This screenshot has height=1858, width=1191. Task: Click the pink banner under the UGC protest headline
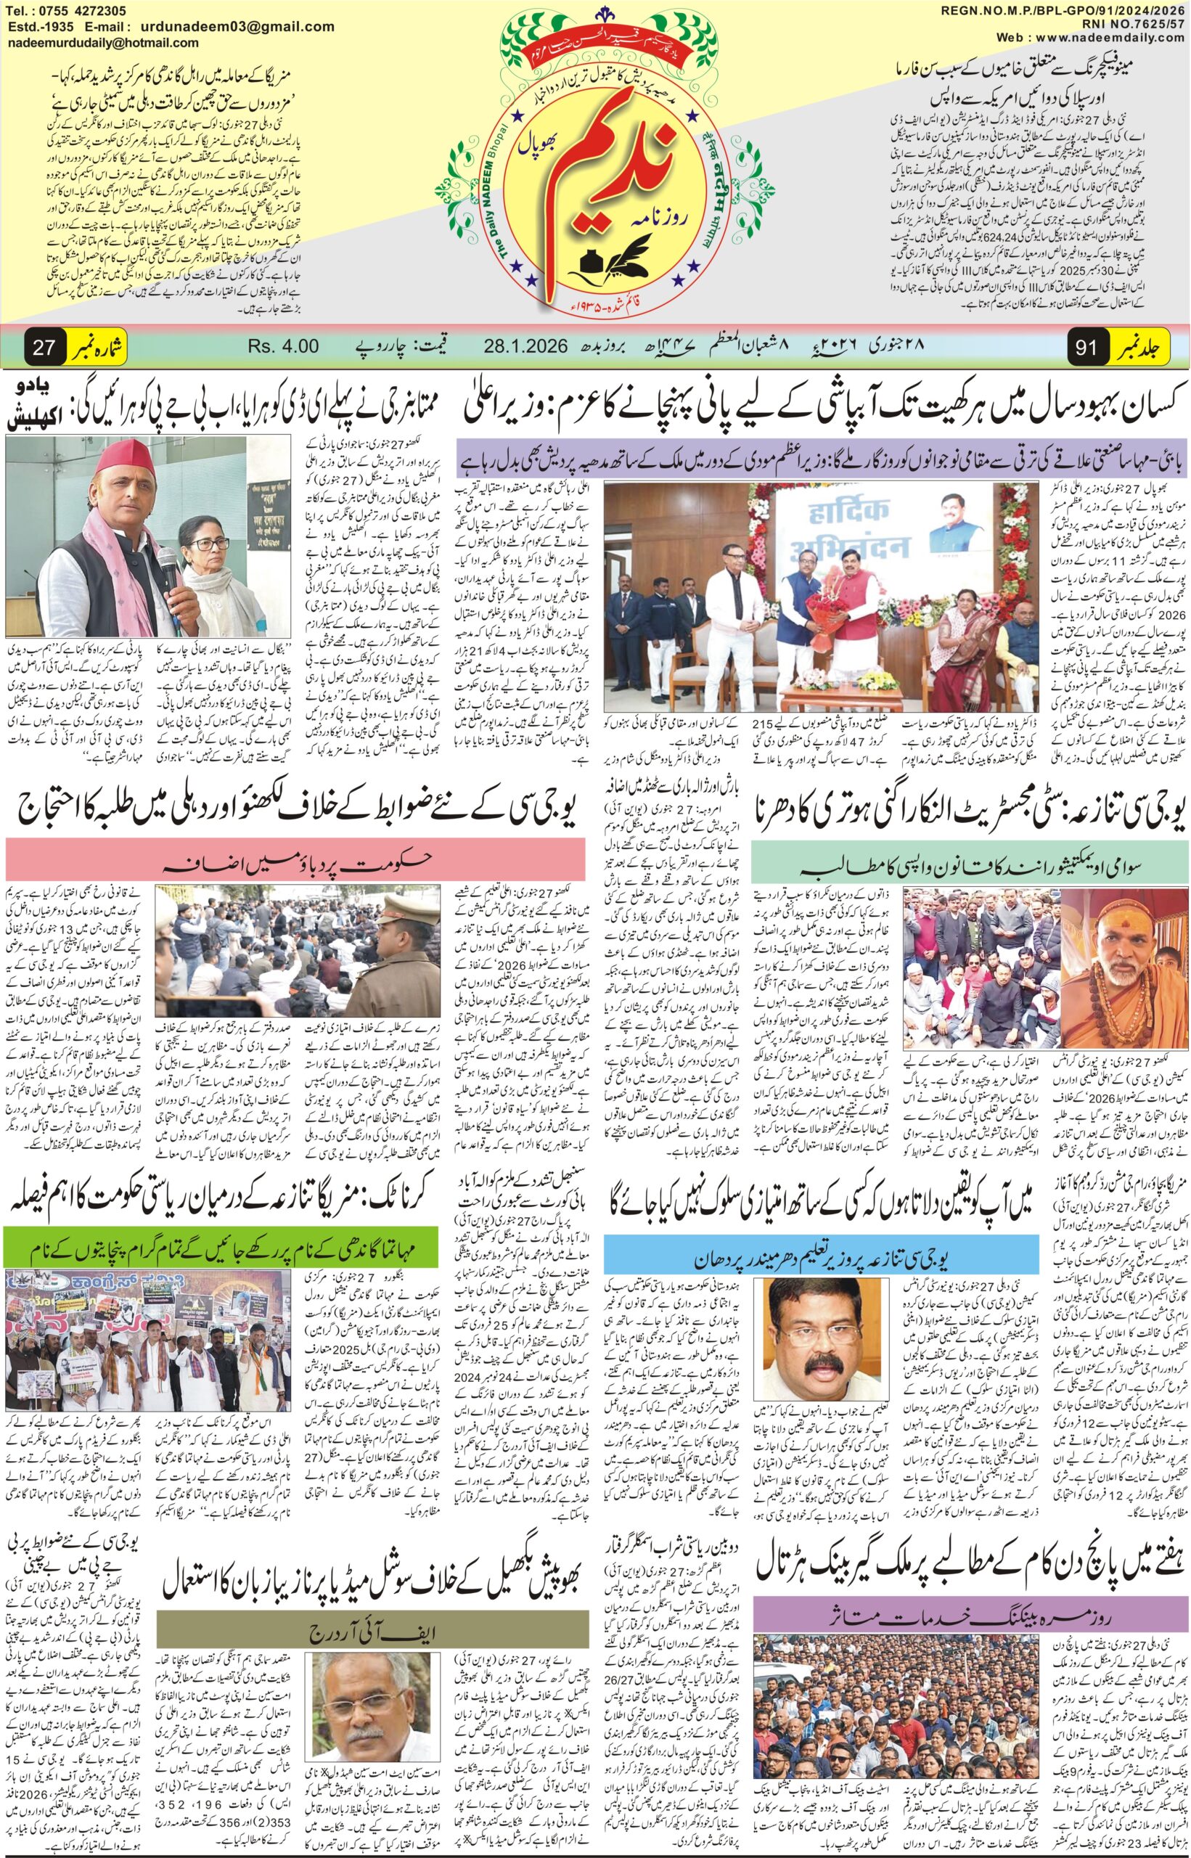click(294, 860)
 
